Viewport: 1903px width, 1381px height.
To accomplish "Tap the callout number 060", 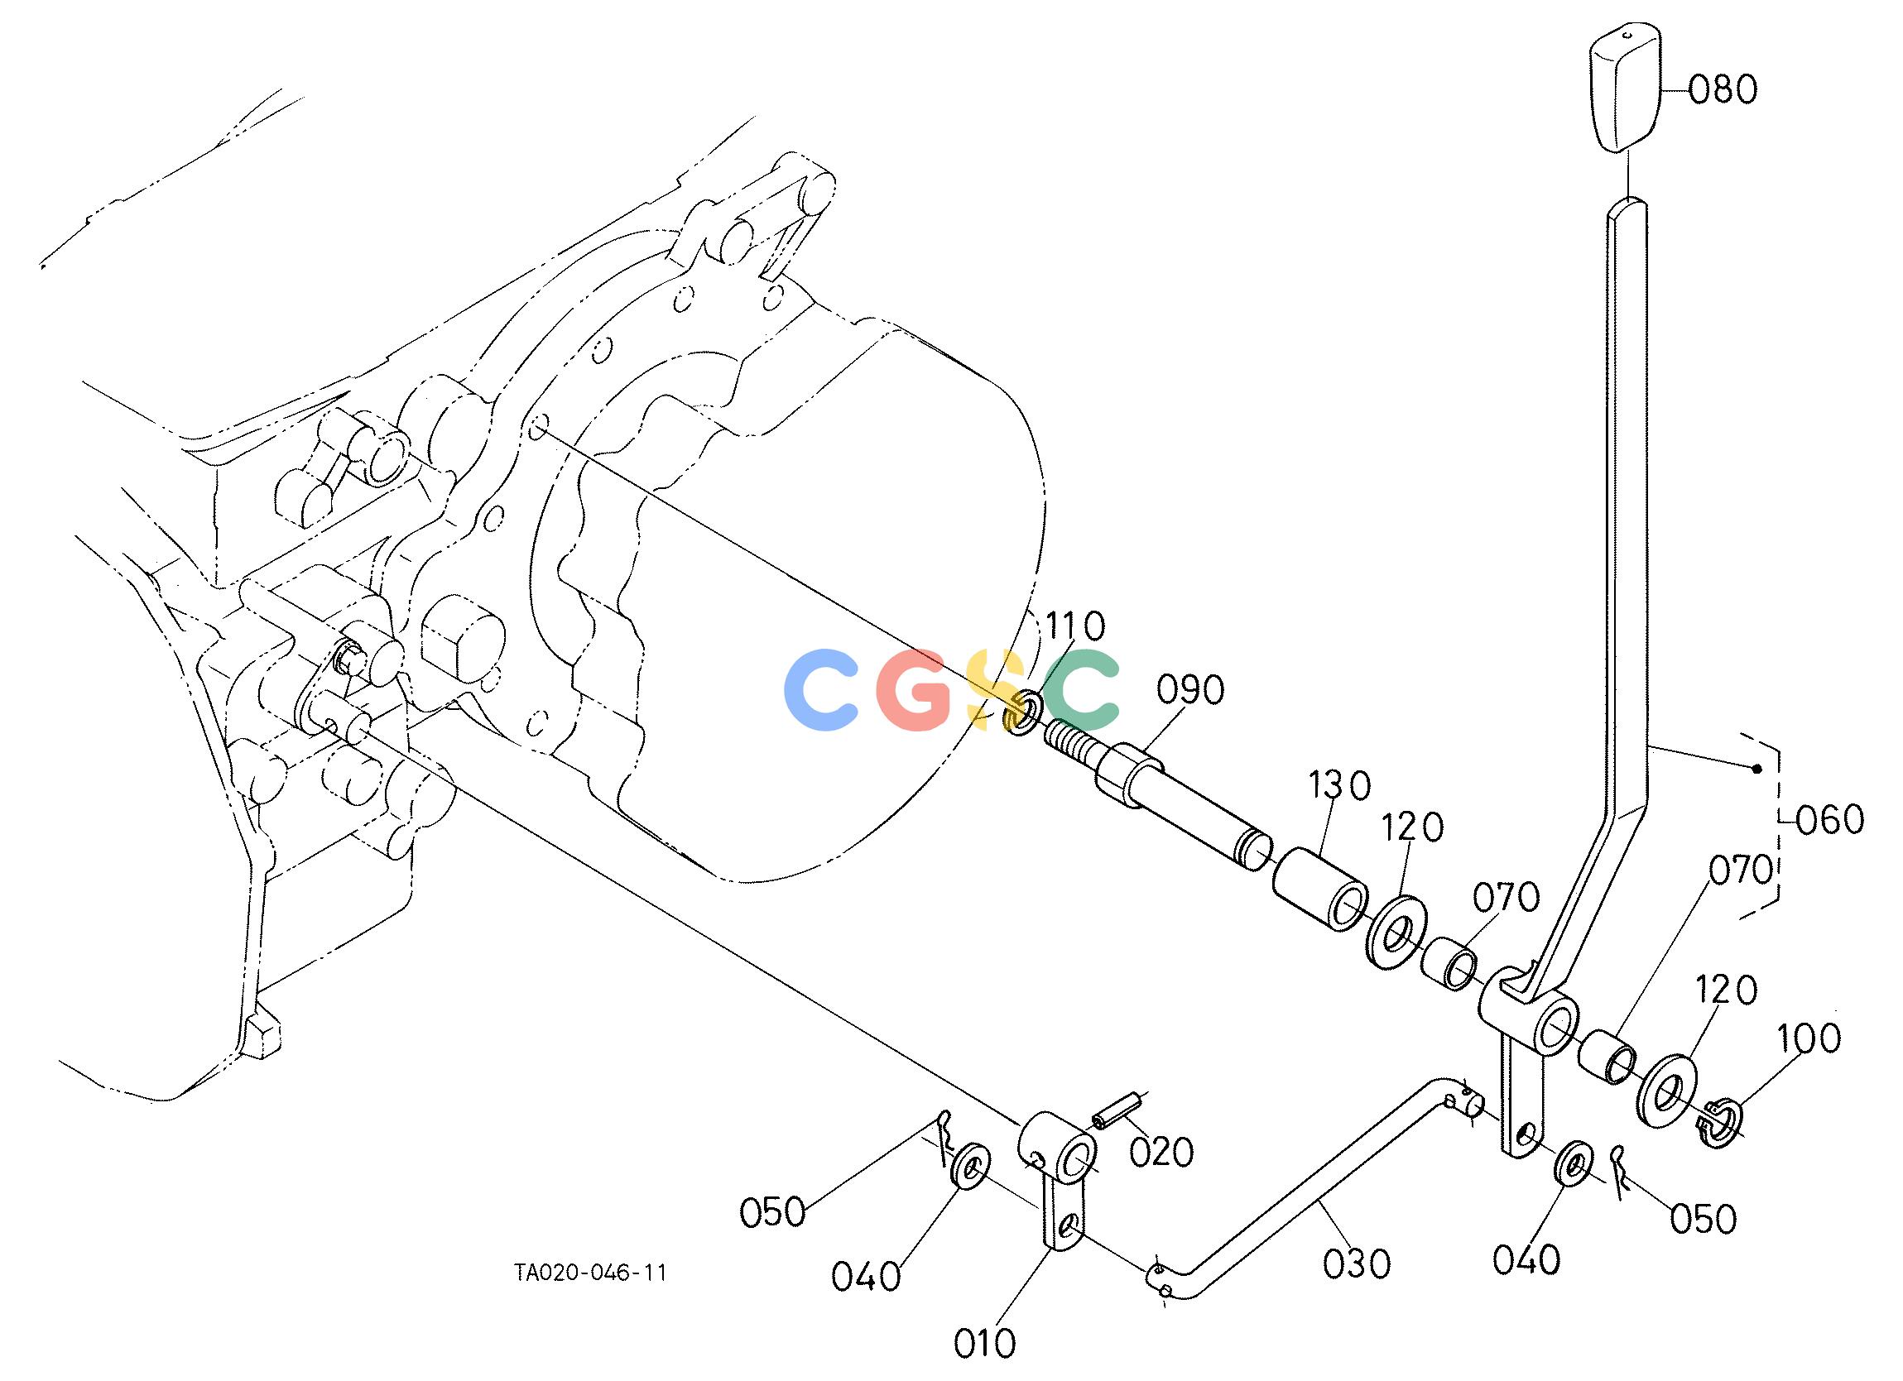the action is pyautogui.click(x=1831, y=819).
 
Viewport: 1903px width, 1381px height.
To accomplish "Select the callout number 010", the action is pyautogui.click(x=984, y=1343).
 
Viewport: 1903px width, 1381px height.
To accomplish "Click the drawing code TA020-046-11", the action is pyautogui.click(x=591, y=1273).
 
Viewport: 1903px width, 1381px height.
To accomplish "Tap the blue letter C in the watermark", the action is pyautogui.click(x=821, y=689).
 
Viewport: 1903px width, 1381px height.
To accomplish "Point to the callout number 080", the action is pyautogui.click(x=1722, y=88).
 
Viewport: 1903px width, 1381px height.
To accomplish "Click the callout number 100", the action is pyautogui.click(x=1808, y=1038).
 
